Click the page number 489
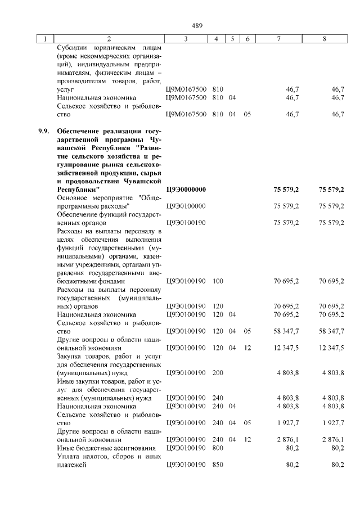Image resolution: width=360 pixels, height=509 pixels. point(197,25)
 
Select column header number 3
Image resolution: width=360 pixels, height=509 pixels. point(186,39)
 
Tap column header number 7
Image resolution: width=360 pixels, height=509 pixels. point(279,39)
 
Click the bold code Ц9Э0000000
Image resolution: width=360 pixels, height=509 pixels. point(187,190)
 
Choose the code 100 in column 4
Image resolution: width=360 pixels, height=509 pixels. point(218,280)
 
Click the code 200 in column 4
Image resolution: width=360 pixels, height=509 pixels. point(218,372)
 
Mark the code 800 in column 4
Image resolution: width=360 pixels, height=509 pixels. point(218,448)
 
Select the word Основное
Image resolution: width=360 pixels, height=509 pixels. point(72,198)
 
